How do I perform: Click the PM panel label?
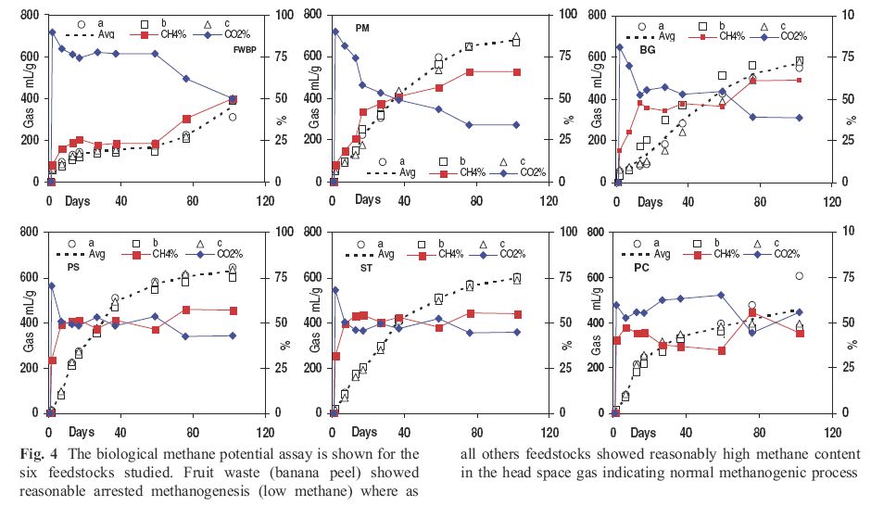pyautogui.click(x=362, y=29)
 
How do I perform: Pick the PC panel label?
pyautogui.click(x=641, y=268)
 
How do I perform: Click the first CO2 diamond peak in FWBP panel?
pyautogui.click(x=52, y=32)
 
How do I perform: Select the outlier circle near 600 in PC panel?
pyautogui.click(x=799, y=276)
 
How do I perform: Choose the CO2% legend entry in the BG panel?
pyautogui.click(x=789, y=36)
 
